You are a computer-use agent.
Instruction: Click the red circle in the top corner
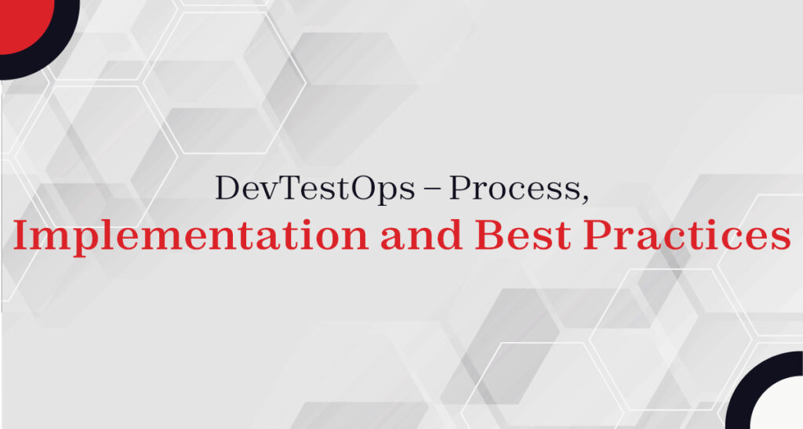(x=20, y=20)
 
